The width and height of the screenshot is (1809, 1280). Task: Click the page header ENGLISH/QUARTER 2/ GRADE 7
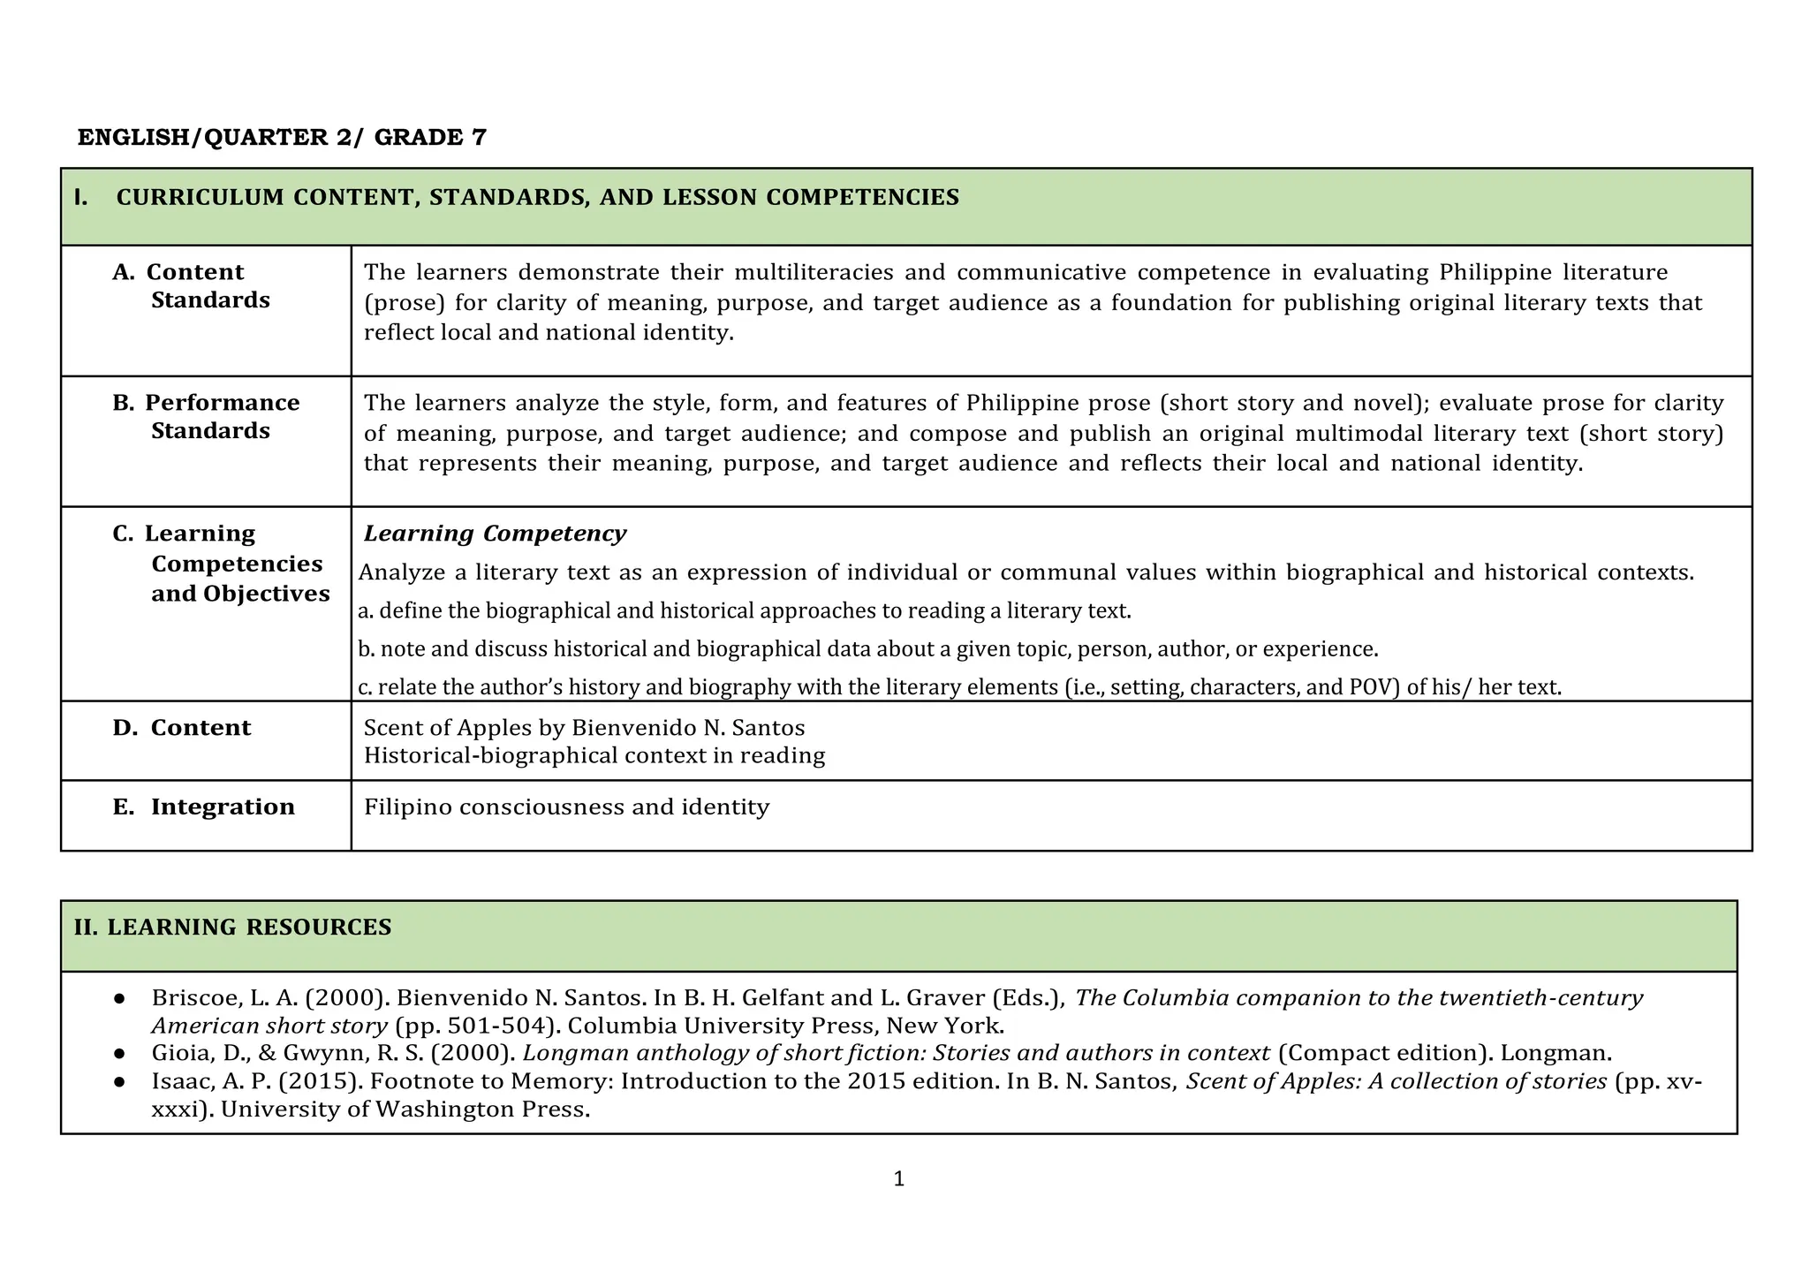(x=282, y=138)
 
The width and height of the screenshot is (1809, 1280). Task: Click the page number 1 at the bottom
(x=898, y=1179)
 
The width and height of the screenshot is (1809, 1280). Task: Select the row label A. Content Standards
(x=191, y=286)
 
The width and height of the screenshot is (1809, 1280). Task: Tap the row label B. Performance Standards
(x=206, y=417)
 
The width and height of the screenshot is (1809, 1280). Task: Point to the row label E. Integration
(x=204, y=807)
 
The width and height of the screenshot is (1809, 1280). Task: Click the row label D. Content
(x=182, y=728)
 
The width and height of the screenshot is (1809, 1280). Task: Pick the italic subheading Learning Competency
(x=495, y=534)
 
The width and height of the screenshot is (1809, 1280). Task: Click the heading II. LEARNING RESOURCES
(x=232, y=928)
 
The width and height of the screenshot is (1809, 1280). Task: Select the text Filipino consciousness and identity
(x=566, y=807)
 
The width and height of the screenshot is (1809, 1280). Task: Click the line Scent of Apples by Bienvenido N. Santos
(x=584, y=728)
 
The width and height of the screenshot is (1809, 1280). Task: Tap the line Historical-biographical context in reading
(x=594, y=756)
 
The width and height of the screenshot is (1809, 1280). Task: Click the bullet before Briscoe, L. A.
(x=118, y=998)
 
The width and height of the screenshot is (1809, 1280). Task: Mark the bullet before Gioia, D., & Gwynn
(x=118, y=1054)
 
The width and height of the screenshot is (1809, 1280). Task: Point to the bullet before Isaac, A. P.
(x=118, y=1082)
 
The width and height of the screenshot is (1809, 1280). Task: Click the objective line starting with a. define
(x=744, y=611)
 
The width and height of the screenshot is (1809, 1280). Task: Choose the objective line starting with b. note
(x=867, y=650)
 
